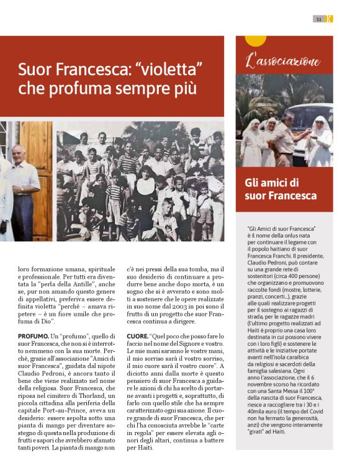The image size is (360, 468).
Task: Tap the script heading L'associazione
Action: [x=284, y=61]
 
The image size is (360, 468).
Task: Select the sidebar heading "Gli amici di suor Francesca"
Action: [x=281, y=189]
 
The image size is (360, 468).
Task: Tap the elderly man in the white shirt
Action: [x=23, y=186]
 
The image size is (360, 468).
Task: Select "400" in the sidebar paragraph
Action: [x=286, y=256]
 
